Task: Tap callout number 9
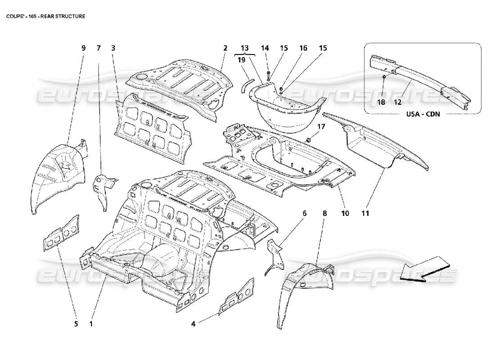[x=83, y=48]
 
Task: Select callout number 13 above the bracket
[x=244, y=48]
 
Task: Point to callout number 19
[x=241, y=59]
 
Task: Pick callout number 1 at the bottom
[x=91, y=323]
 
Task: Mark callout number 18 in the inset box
[x=381, y=102]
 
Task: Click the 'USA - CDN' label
[x=423, y=114]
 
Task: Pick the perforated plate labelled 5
[x=61, y=234]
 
